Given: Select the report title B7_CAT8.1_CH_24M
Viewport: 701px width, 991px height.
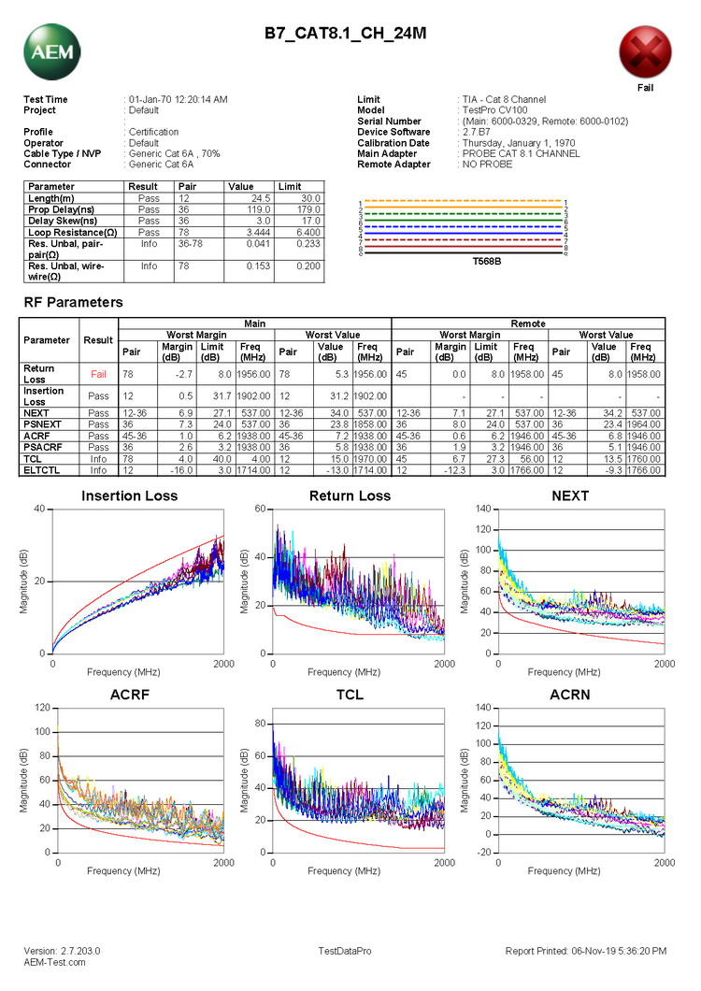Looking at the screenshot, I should (346, 34).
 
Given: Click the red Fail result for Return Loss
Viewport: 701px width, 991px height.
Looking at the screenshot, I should (98, 373).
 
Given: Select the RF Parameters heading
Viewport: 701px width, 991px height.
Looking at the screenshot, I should (73, 302).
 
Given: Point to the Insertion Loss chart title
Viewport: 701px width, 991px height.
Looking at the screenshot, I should (129, 495).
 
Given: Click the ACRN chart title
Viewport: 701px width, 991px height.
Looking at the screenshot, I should (570, 696).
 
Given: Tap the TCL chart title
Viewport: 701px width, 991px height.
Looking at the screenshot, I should (349, 696).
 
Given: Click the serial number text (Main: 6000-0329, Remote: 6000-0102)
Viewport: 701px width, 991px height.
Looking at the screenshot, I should (545, 122).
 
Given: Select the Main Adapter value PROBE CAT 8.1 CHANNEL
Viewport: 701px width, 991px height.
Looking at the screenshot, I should (521, 153).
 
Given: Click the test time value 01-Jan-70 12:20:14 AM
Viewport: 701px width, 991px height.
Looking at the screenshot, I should (178, 99).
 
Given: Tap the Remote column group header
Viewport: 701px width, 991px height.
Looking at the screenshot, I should (527, 323).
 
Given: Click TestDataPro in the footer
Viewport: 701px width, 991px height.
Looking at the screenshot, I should (345, 951).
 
